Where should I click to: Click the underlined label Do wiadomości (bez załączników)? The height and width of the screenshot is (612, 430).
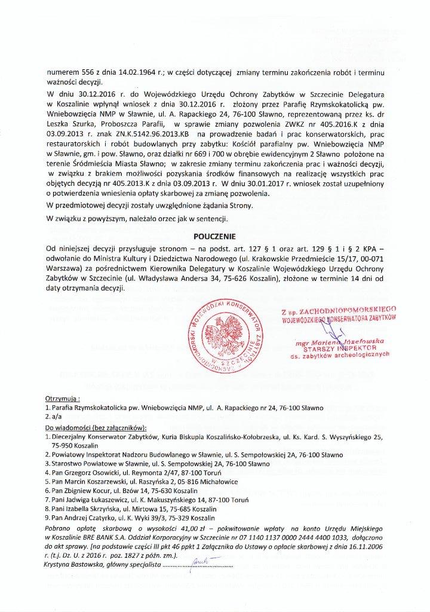point(96,429)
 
